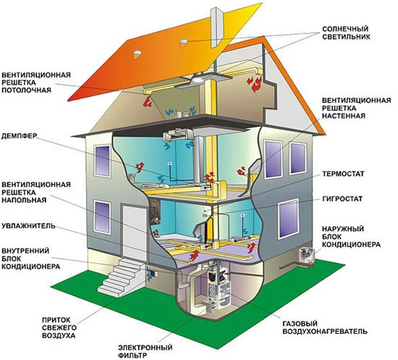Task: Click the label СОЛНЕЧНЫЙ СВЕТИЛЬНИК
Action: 346,33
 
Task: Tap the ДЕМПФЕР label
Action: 19,136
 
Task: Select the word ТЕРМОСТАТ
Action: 343,174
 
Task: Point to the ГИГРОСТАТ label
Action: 342,198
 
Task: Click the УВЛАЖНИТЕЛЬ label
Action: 28,225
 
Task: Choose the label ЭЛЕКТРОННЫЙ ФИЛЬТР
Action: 145,351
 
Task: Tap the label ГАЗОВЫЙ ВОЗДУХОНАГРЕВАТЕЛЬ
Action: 325,327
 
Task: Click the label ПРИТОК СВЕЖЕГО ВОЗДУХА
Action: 59,327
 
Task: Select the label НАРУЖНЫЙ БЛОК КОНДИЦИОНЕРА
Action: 351,237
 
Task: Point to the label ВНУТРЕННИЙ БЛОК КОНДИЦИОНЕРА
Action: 30,259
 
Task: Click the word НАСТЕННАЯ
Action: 344,116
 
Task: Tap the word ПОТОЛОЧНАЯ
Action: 26,90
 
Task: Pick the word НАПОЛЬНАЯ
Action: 24,200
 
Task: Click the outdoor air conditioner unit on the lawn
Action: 306,257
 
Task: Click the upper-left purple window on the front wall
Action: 102,161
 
